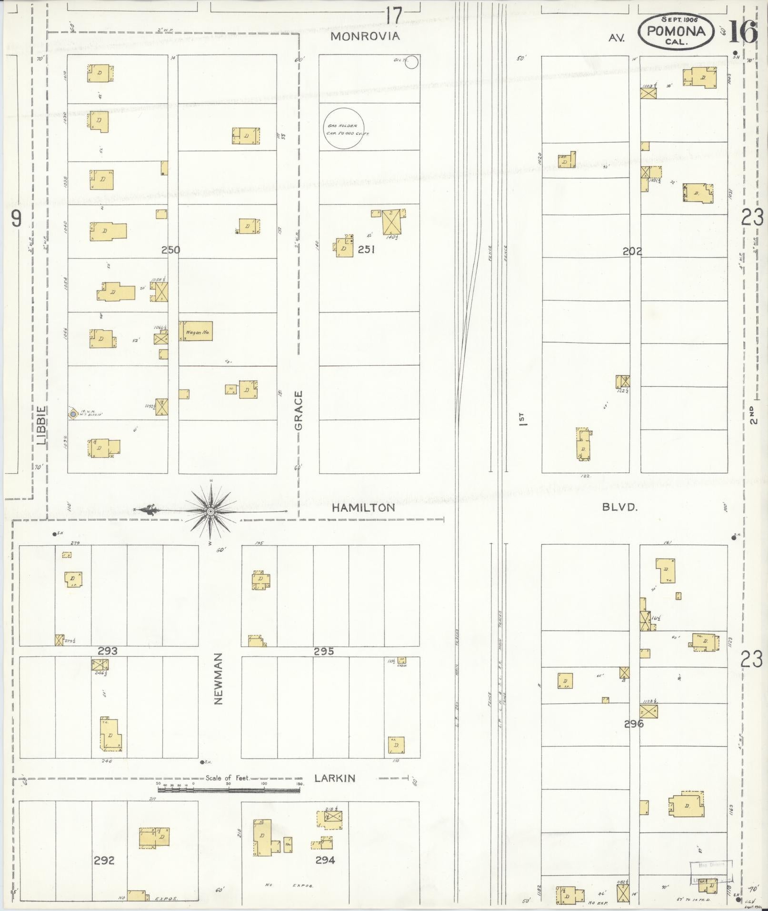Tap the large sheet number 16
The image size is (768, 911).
pos(743,32)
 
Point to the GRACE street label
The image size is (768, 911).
pos(299,410)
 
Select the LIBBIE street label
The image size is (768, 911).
pos(41,425)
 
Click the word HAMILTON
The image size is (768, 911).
pos(363,508)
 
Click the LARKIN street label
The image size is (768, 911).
pos(335,779)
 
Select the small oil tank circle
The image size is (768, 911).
pos(412,62)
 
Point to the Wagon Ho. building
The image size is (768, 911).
pos(196,331)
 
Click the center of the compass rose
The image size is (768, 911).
pos(210,511)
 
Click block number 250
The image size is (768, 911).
pos(170,250)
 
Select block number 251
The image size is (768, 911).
pos(366,249)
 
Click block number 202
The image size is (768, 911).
pos(632,251)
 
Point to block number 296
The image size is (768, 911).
pos(634,737)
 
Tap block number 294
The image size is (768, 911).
pos(325,860)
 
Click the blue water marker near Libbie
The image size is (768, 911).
pos(72,415)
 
